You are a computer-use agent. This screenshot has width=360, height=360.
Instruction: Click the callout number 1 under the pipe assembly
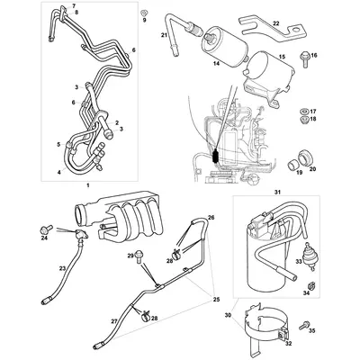pyautogui.click(x=86, y=184)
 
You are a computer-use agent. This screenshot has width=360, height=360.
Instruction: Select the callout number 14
pyautogui.click(x=215, y=66)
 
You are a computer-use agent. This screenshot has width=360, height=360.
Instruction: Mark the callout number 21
pyautogui.click(x=166, y=35)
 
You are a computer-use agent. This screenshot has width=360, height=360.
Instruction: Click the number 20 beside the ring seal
pyautogui.click(x=313, y=167)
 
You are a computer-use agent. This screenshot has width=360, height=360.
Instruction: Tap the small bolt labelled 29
pyautogui.click(x=139, y=257)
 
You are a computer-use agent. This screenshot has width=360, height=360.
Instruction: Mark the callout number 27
pyautogui.click(x=113, y=319)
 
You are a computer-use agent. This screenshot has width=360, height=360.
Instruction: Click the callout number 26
pyautogui.click(x=211, y=242)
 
